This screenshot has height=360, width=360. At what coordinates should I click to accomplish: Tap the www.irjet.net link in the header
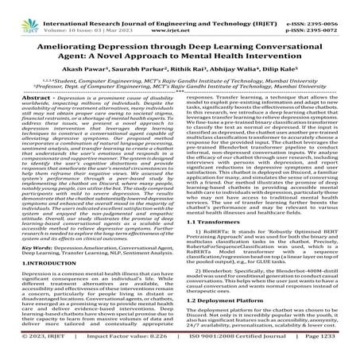[x=180, y=14]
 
